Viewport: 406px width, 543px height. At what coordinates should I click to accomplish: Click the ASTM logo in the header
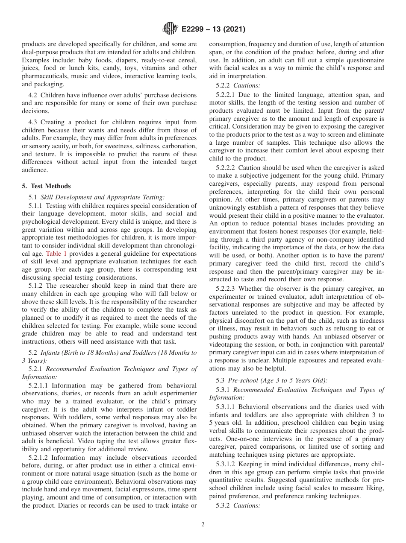(x=170, y=29)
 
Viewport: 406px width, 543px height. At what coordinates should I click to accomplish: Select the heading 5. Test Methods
(x=46, y=186)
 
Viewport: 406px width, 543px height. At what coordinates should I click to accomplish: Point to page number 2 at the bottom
(x=203, y=525)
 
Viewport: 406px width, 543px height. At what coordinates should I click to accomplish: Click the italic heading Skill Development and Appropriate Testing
(x=102, y=197)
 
